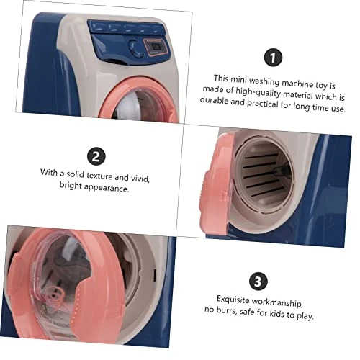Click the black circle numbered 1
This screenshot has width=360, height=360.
(273, 58)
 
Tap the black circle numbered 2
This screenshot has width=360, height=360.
(96, 156)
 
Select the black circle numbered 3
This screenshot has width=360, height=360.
(258, 282)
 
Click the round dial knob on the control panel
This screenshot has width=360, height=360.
(136, 48)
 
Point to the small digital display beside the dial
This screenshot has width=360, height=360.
(156, 47)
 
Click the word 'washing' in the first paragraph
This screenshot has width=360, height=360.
(264, 81)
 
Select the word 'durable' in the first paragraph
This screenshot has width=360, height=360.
(214, 100)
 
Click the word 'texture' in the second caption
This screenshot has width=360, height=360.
(99, 176)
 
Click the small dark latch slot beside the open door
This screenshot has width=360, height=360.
(155, 275)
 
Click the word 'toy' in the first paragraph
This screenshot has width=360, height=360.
(321, 85)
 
